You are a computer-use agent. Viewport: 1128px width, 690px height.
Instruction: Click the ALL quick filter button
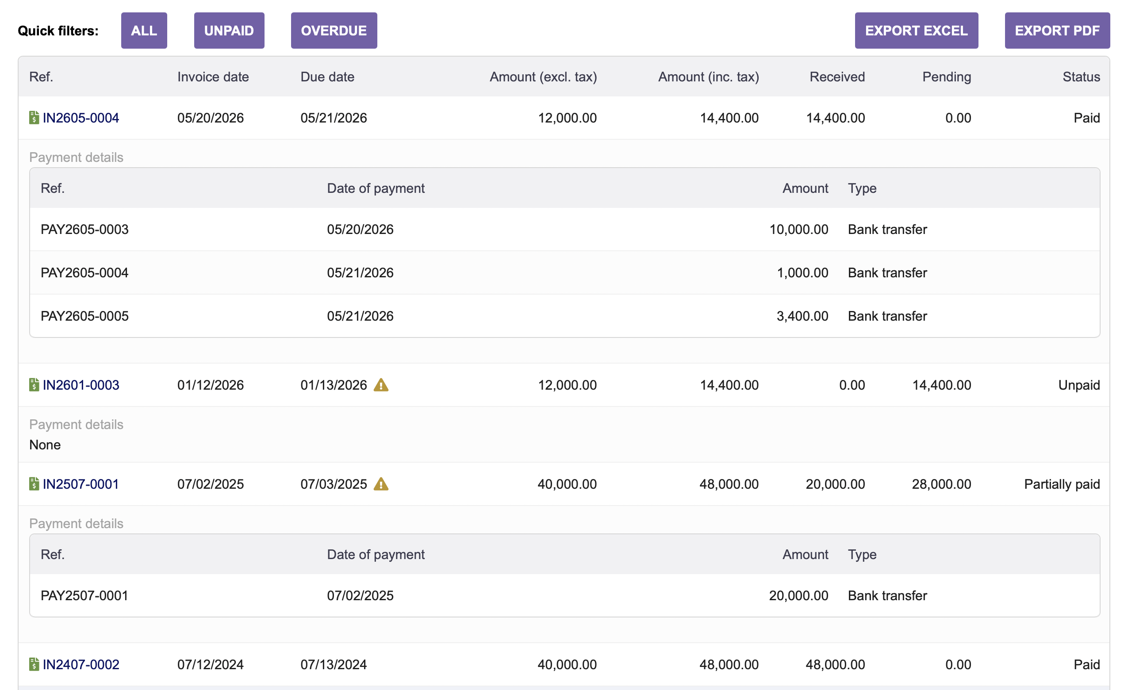point(144,31)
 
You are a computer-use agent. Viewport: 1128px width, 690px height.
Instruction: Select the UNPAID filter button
point(229,31)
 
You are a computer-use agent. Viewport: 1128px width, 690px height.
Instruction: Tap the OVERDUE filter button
point(334,31)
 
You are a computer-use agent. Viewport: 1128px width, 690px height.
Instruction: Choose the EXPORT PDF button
point(1057,31)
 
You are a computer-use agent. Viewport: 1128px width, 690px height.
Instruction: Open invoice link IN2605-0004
point(81,118)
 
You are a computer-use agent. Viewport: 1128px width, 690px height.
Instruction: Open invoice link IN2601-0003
point(81,385)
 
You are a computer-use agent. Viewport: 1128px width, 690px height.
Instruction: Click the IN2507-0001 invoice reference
point(81,484)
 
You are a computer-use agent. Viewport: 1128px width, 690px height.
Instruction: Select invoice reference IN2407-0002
point(81,664)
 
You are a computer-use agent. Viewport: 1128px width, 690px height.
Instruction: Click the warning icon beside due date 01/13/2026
point(381,385)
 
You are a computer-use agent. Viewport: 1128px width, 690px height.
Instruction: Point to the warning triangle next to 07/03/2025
point(381,484)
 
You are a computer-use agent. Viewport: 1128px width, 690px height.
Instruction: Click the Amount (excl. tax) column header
point(543,77)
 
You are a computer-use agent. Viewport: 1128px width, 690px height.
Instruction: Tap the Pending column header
point(947,77)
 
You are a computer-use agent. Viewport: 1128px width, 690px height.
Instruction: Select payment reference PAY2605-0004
point(84,273)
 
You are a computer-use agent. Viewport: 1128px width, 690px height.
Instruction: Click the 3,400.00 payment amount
point(802,316)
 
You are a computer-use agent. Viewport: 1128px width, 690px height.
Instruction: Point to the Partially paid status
point(1062,484)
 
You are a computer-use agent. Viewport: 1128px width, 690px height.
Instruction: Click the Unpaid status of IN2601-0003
point(1079,386)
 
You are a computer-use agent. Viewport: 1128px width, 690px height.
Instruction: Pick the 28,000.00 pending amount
point(941,484)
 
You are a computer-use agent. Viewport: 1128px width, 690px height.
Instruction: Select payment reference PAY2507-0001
point(84,596)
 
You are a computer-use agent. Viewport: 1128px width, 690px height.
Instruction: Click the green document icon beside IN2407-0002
point(34,664)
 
